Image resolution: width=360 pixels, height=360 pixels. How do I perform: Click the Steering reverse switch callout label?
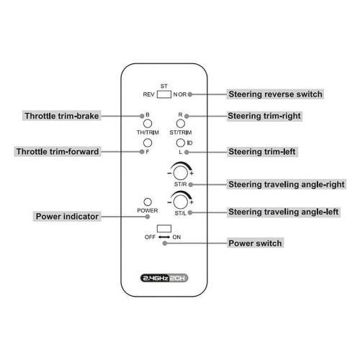275,94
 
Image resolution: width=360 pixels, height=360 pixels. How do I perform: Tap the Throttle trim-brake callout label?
62,116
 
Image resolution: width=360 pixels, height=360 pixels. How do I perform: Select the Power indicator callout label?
67,216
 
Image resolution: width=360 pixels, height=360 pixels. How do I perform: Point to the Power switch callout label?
255,243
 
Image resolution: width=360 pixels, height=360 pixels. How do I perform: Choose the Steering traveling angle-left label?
284,212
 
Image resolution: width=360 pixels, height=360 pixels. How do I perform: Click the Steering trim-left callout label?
262,152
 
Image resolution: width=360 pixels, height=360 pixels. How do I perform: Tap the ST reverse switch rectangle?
164,94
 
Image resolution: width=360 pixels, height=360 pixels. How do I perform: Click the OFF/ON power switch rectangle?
164,228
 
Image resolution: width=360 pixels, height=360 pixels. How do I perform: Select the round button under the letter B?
148,124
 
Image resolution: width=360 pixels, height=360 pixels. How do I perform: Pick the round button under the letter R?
181,124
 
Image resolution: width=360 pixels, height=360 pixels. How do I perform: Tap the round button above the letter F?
148,143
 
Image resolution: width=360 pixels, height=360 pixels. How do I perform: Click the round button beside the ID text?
181,143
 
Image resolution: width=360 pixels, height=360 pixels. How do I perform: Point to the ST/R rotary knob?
181,173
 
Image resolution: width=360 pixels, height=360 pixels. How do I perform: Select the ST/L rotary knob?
181,202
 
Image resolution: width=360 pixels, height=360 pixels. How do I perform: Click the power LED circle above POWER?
148,202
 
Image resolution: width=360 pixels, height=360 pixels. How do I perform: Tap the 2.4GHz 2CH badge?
164,278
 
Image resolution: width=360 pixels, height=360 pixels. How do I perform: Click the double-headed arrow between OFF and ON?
164,237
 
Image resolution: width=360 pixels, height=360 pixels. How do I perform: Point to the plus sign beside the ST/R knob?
192,174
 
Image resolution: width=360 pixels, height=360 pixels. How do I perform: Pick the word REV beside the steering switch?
148,94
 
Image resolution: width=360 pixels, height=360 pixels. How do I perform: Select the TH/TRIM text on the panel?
148,132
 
